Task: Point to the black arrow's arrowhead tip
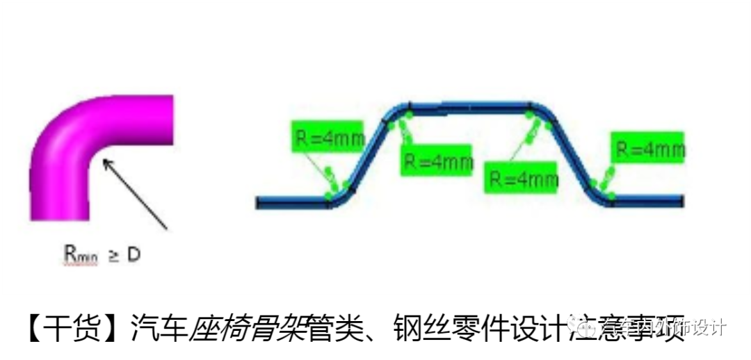pyautogui.click(x=104, y=161)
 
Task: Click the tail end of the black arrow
pyautogui.click(x=167, y=229)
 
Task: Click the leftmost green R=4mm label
pyautogui.click(x=327, y=138)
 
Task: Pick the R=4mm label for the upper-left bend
pyautogui.click(x=435, y=161)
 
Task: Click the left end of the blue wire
pyautogui.click(x=259, y=202)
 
